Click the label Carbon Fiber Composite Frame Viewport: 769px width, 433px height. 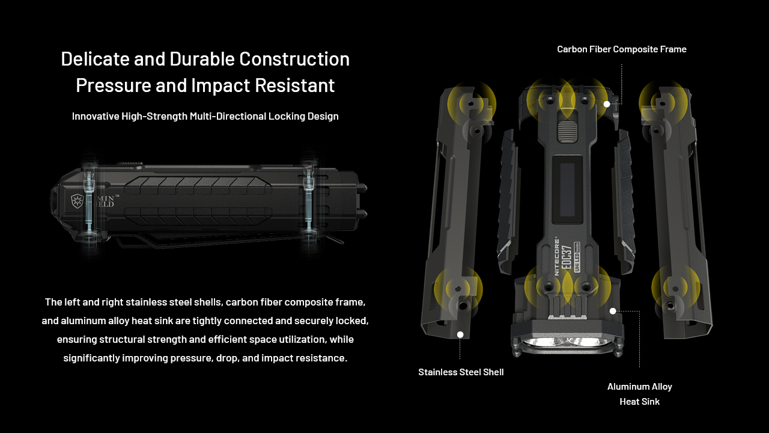point(622,49)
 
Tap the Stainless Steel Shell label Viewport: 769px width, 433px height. point(461,372)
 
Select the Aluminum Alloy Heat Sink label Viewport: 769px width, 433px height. point(640,394)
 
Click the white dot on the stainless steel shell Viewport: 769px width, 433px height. point(460,335)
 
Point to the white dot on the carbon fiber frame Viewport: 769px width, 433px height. point(607,104)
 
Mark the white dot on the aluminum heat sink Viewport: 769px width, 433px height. point(613,311)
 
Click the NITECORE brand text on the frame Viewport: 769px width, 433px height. point(556,257)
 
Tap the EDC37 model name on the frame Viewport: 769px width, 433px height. point(567,259)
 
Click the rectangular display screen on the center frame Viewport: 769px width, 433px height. point(568,189)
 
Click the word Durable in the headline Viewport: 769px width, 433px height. point(202,59)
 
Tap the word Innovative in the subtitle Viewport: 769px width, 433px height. point(96,116)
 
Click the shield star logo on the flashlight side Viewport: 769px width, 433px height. point(76,201)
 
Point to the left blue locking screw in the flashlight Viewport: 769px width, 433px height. point(90,203)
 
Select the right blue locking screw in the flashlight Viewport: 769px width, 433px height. point(309,199)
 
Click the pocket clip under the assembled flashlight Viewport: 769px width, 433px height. point(226,241)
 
